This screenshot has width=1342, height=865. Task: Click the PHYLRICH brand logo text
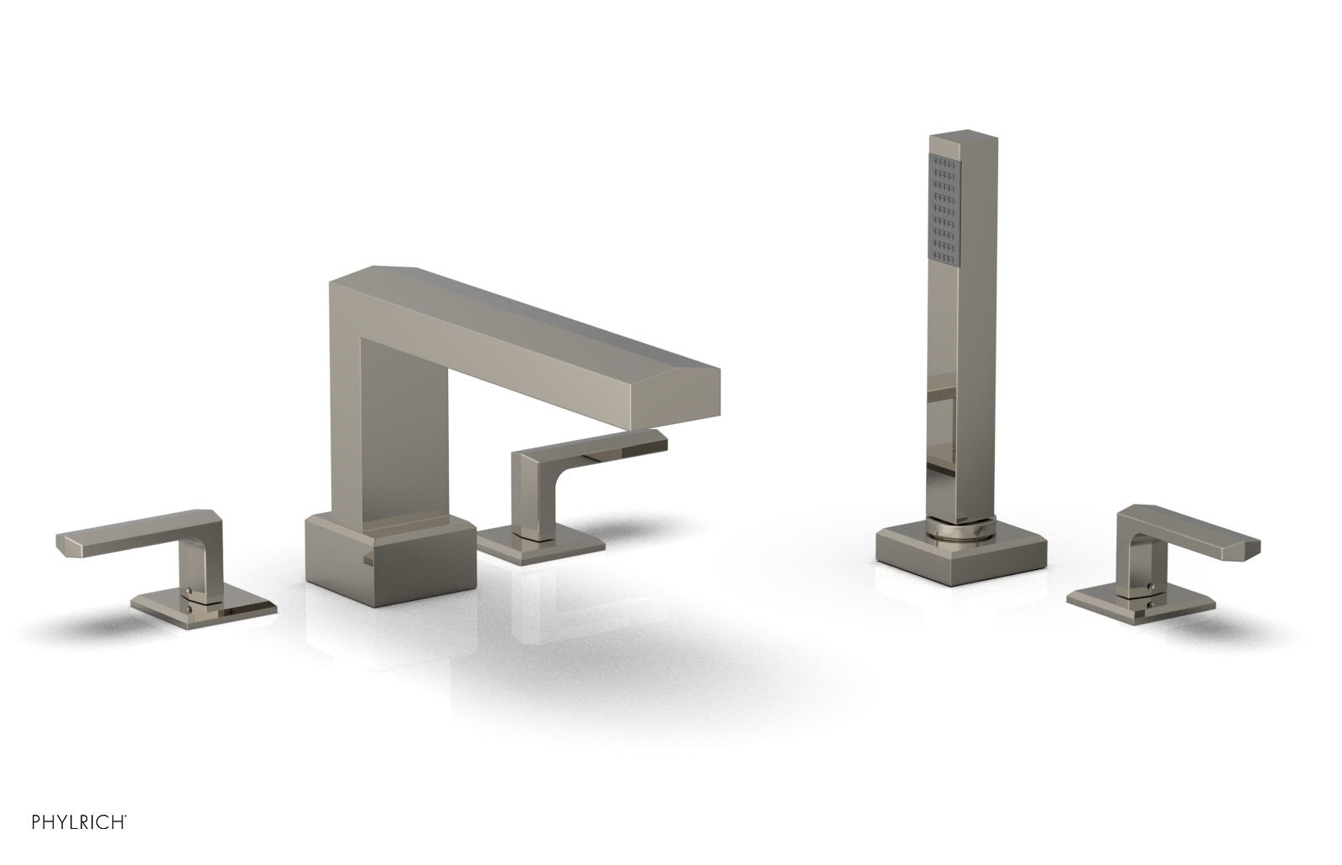[x=79, y=822]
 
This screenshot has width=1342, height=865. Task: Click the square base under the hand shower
[x=960, y=555]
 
